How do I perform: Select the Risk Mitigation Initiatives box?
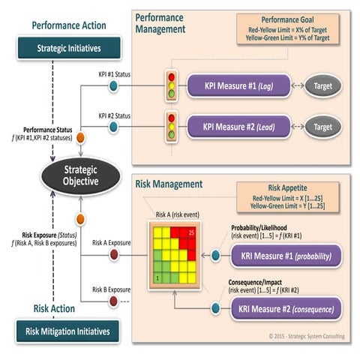pos(67,330)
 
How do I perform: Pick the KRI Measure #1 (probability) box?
pos(286,256)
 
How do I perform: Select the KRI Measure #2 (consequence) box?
pos(286,308)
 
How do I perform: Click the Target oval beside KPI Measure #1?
pos(322,85)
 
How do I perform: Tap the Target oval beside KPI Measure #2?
pos(322,127)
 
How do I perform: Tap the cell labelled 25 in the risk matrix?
pos(191,232)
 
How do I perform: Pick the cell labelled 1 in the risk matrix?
pos(157,278)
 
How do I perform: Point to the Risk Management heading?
pos(169,184)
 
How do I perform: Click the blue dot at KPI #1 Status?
pos(113,85)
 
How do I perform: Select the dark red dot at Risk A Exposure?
pos(113,255)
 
